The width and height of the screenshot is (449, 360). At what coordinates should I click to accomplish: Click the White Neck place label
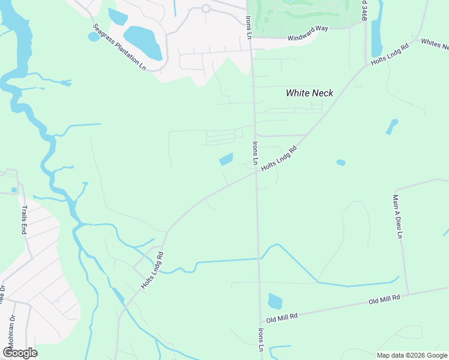click(309, 93)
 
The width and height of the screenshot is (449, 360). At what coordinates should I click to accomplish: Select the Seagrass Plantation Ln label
click(119, 47)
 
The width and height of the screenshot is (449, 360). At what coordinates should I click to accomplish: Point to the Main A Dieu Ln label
click(397, 215)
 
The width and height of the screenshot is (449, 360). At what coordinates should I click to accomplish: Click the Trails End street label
click(25, 220)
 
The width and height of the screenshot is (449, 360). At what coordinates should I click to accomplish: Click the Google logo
click(20, 353)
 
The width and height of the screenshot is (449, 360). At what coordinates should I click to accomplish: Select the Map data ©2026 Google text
click(412, 355)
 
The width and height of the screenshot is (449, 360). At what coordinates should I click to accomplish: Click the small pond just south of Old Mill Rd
click(274, 301)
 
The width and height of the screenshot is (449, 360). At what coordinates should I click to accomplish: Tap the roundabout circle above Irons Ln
click(205, 8)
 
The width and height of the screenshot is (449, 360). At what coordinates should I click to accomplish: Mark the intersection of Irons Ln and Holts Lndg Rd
click(256, 172)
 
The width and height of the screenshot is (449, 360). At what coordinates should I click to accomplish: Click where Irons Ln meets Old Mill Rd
click(261, 318)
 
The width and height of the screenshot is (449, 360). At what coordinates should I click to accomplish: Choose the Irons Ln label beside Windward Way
click(248, 23)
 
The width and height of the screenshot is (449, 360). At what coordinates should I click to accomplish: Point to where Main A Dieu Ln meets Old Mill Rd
click(408, 294)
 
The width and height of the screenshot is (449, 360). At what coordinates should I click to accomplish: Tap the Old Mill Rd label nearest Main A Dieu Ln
click(384, 299)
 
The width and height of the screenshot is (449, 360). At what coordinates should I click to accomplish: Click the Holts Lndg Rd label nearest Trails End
click(152, 271)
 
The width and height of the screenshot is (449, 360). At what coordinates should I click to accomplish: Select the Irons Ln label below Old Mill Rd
click(261, 340)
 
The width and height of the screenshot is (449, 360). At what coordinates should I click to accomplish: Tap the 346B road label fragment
click(364, 10)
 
